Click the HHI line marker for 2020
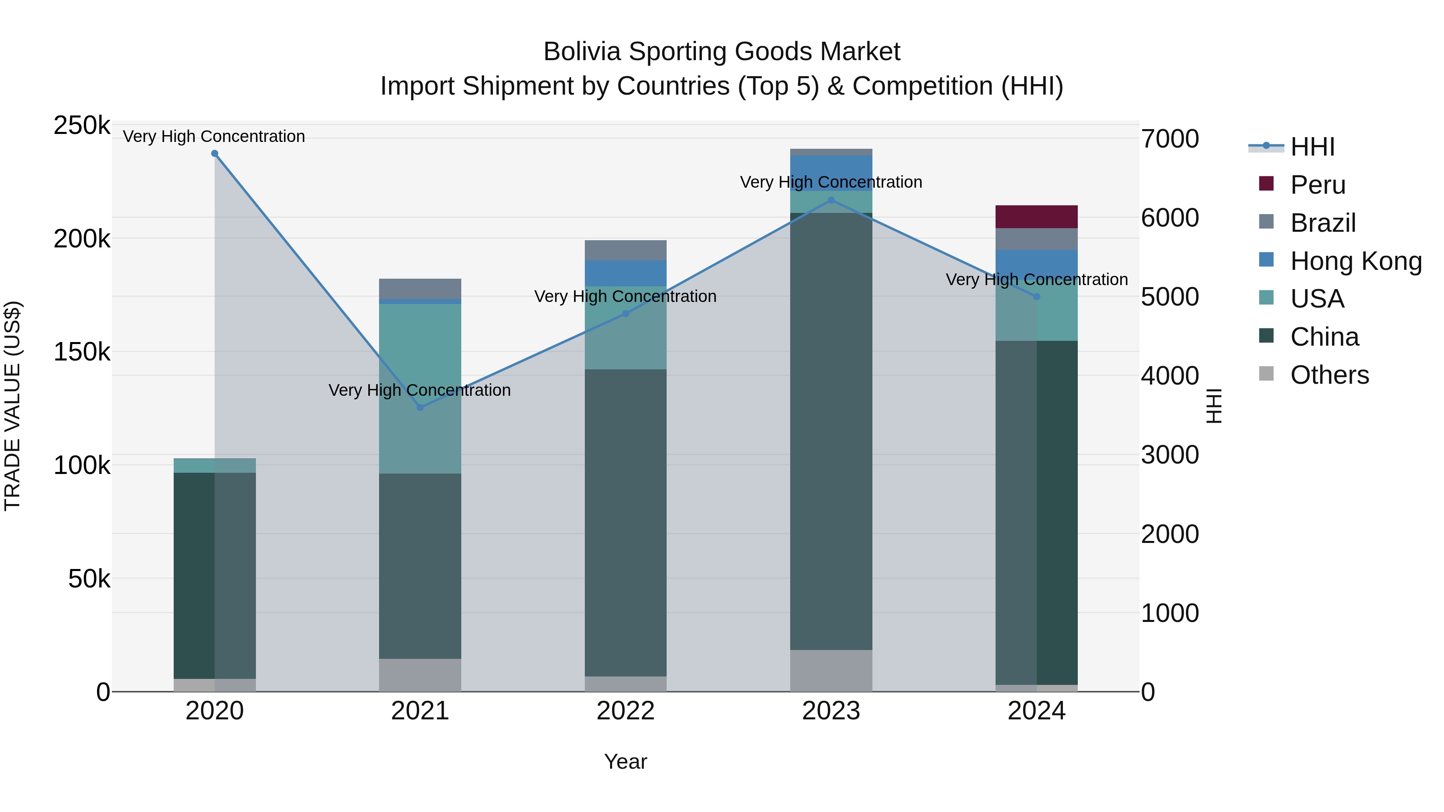tap(215, 154)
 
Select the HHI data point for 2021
tap(420, 407)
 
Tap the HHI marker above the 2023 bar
tap(832, 200)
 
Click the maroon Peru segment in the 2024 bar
tap(1036, 217)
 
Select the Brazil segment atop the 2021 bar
tap(420, 289)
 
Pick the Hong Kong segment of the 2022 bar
tap(626, 273)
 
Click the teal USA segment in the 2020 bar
tap(215, 466)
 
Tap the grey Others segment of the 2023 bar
tap(832, 671)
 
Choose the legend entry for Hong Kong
tap(1355, 261)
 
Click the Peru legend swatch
tap(1266, 184)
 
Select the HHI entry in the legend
tap(1312, 147)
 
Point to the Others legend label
tap(1329, 375)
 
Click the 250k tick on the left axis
tap(82, 126)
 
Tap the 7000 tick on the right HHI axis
tap(1170, 139)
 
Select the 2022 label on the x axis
tap(626, 711)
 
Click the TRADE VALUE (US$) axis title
tap(12, 406)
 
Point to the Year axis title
tap(626, 761)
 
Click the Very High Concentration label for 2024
tap(1036, 279)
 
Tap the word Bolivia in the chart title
tap(582, 52)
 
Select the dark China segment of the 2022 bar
tap(626, 521)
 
